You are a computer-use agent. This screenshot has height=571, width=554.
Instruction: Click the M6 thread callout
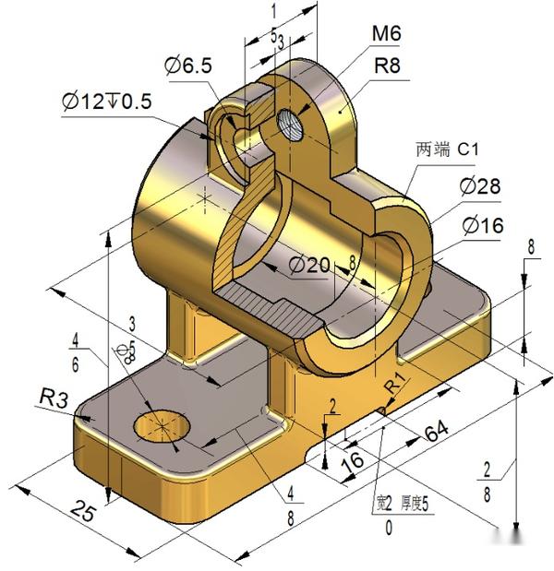coord(386,34)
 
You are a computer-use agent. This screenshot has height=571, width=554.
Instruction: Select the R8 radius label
coord(386,66)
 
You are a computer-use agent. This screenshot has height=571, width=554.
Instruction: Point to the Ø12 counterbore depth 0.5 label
coord(107,102)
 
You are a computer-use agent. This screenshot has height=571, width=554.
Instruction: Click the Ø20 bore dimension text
coord(308,265)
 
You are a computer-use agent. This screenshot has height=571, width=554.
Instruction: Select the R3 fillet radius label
coord(54,399)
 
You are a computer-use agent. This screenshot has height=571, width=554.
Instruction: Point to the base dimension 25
coord(82,512)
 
